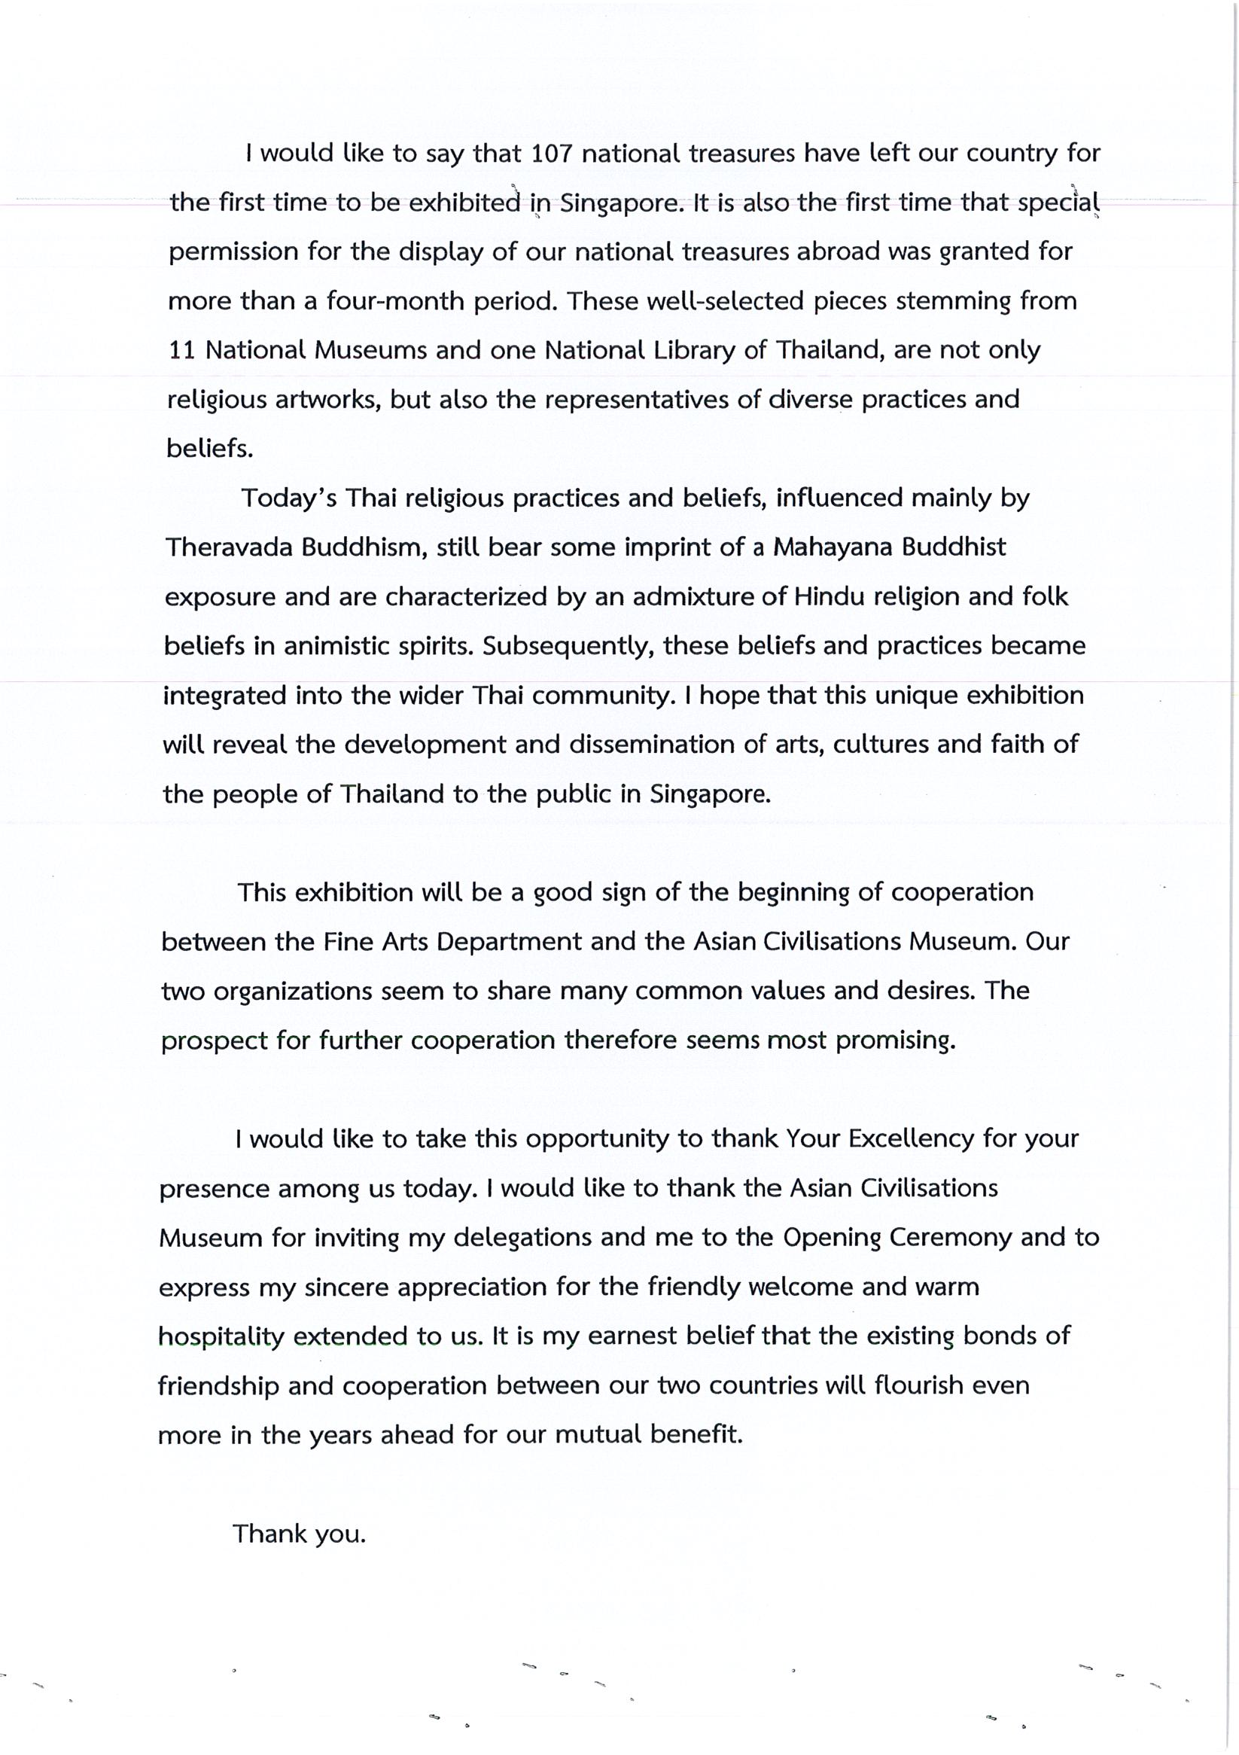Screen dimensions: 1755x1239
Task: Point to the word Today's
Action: pos(289,498)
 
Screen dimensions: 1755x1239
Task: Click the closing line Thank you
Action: pos(299,1534)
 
